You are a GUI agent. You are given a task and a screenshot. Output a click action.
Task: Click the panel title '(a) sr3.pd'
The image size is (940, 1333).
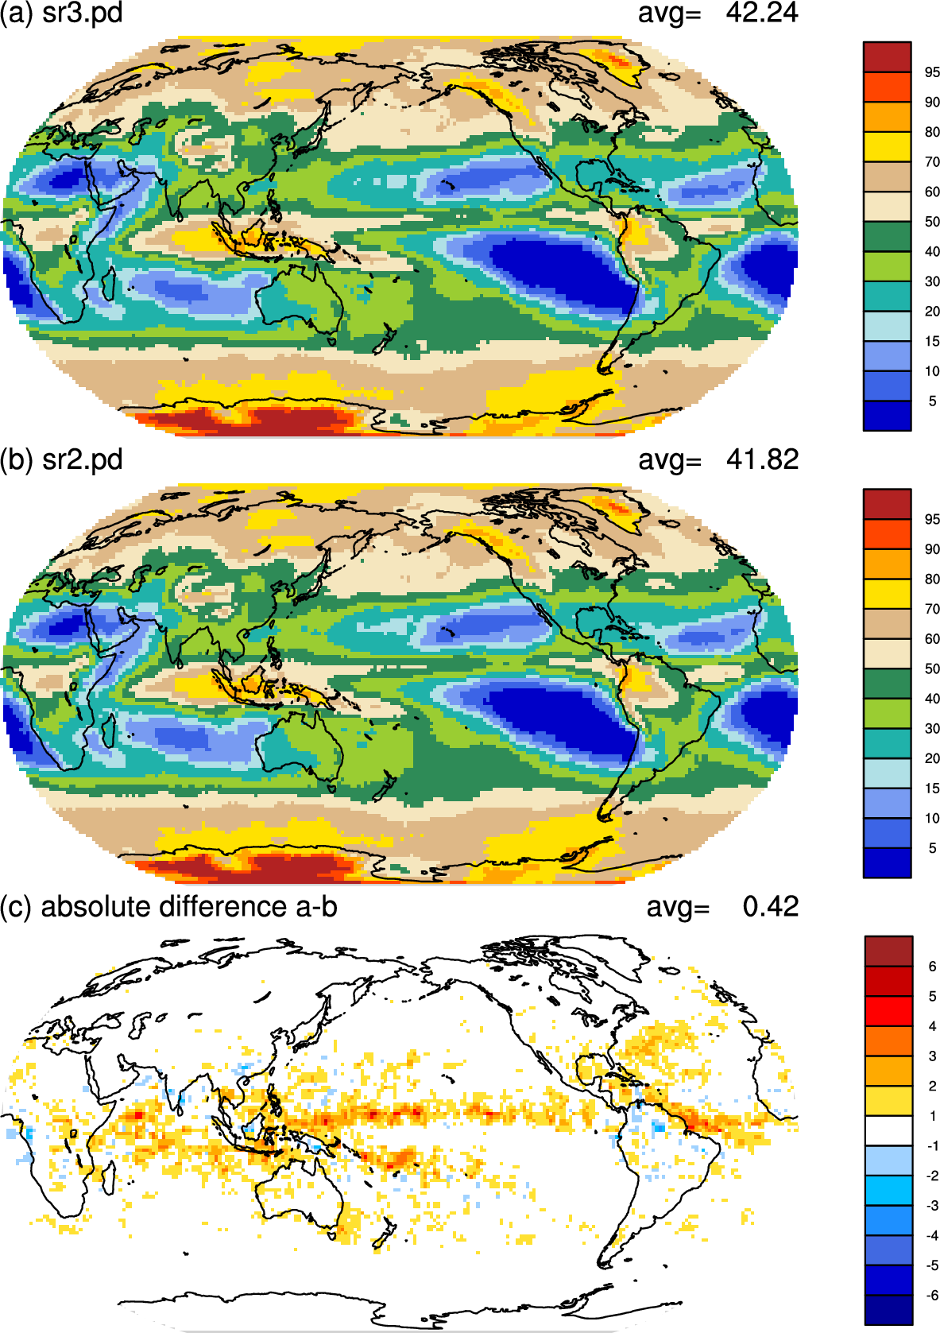point(61,13)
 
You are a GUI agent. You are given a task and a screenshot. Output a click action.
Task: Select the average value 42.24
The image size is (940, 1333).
point(761,13)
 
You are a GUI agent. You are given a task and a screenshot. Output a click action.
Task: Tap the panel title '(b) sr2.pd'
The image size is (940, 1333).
point(61,460)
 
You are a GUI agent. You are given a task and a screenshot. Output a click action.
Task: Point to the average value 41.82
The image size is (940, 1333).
point(761,459)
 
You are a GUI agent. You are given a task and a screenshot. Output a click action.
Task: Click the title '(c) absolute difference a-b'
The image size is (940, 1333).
point(168,907)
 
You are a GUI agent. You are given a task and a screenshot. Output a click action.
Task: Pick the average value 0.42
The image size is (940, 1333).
point(771,906)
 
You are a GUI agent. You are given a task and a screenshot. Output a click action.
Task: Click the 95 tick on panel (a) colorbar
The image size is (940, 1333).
point(932,72)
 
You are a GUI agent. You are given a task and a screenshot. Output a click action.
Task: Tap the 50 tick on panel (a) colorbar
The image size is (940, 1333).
point(932,222)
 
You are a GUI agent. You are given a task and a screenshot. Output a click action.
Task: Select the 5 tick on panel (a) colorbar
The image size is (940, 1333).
point(932,401)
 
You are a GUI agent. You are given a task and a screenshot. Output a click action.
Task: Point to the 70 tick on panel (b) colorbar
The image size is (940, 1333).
point(932,609)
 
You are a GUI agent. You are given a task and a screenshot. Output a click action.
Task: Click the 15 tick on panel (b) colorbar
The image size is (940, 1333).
point(932,789)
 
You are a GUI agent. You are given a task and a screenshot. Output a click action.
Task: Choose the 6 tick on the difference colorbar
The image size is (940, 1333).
point(932,967)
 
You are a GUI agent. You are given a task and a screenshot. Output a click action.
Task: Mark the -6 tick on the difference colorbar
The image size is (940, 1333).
point(931,1295)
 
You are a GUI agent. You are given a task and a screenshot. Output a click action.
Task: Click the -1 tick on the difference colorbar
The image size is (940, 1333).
point(931,1145)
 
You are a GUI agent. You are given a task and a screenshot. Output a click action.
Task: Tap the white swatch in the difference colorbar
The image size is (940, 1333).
point(888,1130)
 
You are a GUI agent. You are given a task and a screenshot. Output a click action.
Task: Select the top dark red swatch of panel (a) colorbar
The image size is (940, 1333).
point(887,57)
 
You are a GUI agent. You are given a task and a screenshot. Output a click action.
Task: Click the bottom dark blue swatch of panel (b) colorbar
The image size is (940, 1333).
point(887,862)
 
